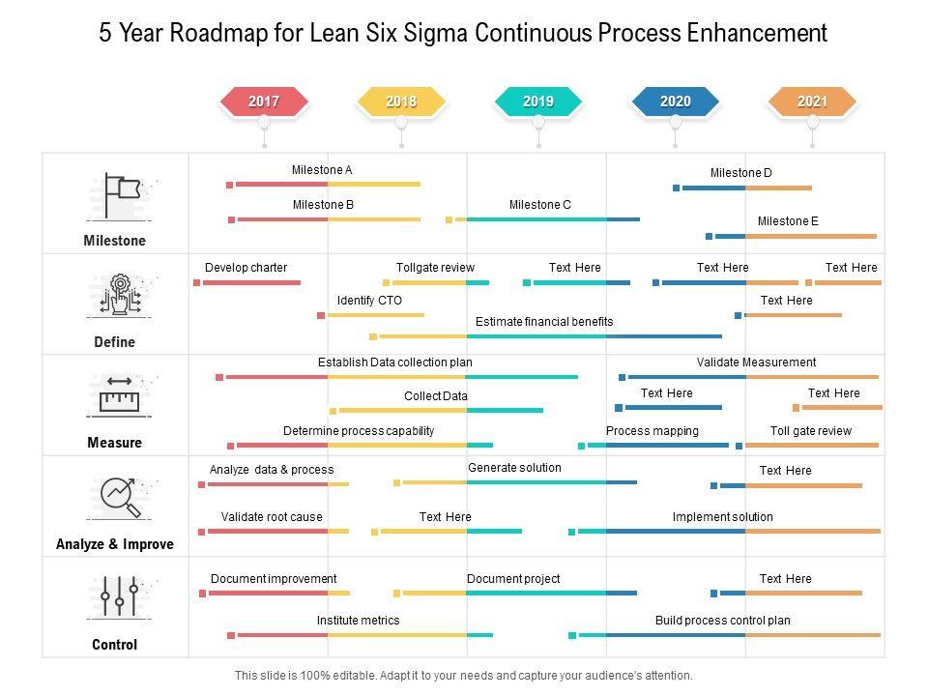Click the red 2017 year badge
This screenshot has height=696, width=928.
264,101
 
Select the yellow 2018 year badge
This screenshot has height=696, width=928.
401,101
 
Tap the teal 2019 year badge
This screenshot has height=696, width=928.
538,101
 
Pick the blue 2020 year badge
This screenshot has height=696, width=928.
676,101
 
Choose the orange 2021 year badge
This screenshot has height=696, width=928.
813,101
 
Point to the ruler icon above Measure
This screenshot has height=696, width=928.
120,397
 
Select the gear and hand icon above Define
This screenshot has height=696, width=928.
120,296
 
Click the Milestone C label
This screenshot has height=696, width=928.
540,205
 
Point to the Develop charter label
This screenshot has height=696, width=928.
246,268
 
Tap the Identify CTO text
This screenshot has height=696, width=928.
369,301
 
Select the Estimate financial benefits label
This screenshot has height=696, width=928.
544,322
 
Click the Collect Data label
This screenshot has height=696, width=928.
436,396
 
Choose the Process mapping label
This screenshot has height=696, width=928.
652,431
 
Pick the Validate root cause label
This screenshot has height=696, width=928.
272,517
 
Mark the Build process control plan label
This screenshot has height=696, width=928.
723,621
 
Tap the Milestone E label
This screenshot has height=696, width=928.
788,221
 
